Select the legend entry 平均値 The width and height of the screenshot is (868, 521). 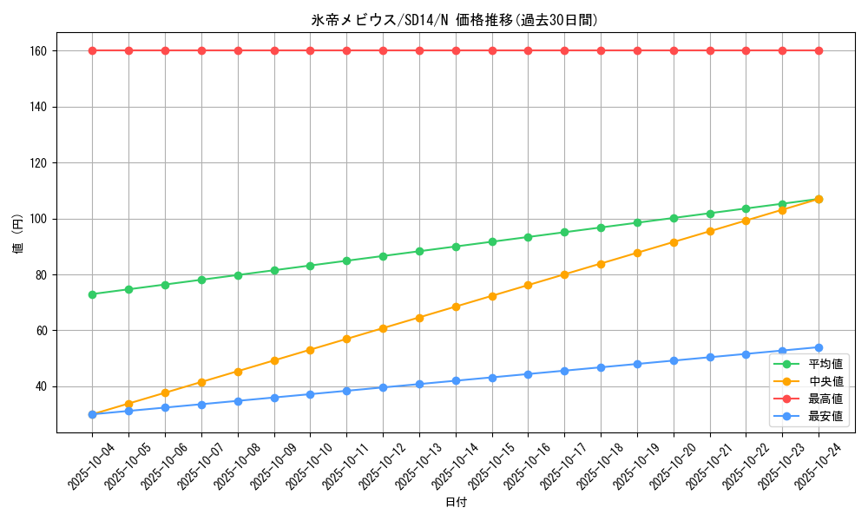825,364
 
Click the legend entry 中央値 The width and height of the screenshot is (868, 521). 825,381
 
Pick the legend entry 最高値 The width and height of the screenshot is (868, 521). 825,399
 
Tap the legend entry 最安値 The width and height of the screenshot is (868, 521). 825,416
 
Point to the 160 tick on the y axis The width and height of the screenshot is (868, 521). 36,51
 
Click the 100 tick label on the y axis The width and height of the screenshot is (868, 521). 36,219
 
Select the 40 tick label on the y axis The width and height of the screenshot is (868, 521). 39,386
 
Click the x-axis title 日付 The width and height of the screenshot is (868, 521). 455,503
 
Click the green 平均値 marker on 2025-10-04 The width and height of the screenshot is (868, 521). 92,294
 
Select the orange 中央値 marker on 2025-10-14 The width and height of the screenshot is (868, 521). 456,307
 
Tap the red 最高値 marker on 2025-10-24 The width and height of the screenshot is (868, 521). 819,50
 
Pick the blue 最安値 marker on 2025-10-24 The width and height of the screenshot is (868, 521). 819,347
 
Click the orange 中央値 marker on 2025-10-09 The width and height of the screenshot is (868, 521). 274,360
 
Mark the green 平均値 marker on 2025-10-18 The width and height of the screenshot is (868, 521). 601,228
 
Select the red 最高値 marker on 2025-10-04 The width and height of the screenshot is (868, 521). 92,50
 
